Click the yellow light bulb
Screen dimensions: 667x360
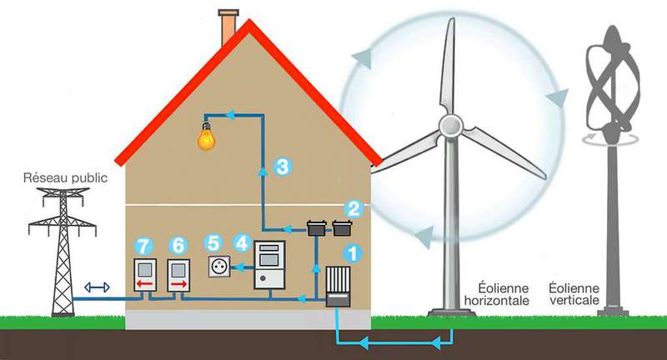206,137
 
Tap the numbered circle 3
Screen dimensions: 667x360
282,166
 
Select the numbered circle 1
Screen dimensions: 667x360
353,253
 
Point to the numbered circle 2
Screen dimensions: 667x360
354,208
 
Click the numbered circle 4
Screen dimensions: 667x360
242,243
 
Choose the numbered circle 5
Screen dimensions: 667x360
213,243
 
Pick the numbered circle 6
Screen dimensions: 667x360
178,246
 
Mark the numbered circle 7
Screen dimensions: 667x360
143,247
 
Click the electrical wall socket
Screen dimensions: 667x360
219,267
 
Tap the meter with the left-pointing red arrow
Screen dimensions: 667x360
145,275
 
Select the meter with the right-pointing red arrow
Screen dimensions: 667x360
178,276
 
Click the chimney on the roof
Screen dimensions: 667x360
228,27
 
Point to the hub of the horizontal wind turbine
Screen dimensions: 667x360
450,125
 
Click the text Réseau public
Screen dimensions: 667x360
65,177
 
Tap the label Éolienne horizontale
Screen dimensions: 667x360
497,294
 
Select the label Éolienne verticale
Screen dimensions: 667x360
574,293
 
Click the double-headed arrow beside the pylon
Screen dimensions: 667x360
97,287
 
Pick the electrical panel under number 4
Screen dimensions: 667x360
269,265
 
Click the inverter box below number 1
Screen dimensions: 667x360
339,287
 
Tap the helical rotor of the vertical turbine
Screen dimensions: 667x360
613,81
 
